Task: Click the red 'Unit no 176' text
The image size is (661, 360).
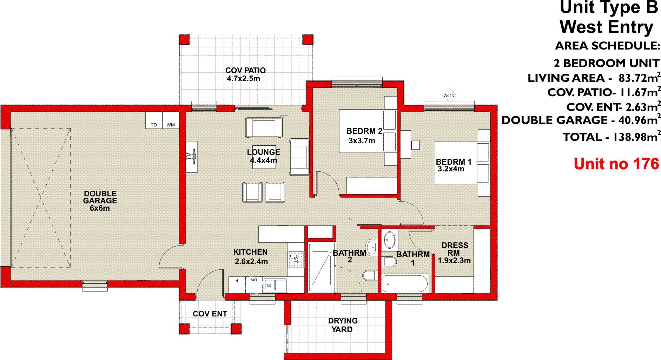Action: click(x=616, y=164)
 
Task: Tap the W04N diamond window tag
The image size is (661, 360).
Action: click(x=449, y=95)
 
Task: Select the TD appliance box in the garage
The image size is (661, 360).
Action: click(x=154, y=120)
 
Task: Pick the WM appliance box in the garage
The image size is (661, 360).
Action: click(x=171, y=120)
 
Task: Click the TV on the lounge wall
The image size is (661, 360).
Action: click(x=191, y=156)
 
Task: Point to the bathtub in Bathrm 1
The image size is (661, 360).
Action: click(x=405, y=283)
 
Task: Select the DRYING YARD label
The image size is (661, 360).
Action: click(x=343, y=325)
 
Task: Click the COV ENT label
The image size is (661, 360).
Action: click(x=210, y=314)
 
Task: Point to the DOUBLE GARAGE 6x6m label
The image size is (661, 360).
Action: click(x=100, y=201)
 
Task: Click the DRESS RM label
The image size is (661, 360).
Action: click(x=454, y=249)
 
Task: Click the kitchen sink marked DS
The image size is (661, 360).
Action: click(x=275, y=285)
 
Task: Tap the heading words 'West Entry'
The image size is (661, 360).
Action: click(x=606, y=27)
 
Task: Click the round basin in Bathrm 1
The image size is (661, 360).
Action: click(x=389, y=240)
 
